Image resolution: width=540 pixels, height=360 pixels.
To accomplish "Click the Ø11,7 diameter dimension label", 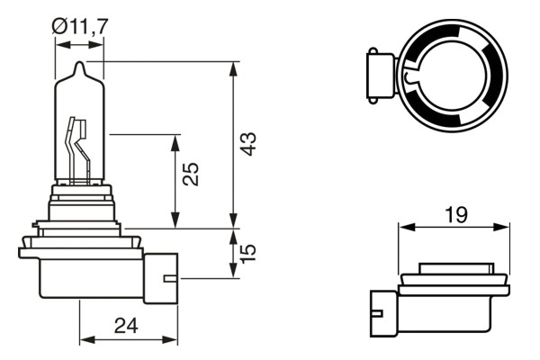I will pyautogui.click(x=80, y=26).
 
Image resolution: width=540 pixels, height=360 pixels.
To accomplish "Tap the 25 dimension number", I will pyautogui.click(x=190, y=174).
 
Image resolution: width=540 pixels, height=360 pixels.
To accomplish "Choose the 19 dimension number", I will pyautogui.click(x=454, y=214).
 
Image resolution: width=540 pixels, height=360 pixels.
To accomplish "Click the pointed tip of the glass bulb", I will pyautogui.click(x=79, y=66).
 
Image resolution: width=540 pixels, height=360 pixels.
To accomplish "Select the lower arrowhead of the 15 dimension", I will pyautogui.click(x=234, y=272).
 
